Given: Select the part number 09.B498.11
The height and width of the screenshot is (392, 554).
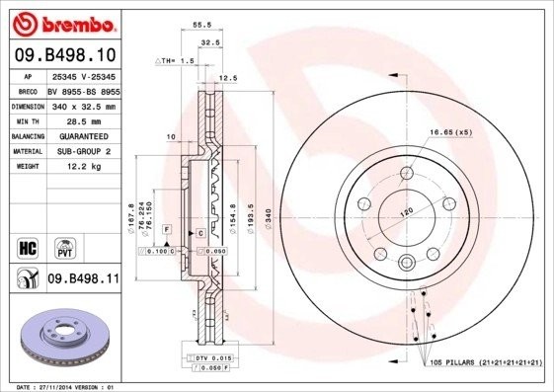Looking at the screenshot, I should [x=84, y=279].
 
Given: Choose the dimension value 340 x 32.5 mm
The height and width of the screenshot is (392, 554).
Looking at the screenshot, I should [x=84, y=104].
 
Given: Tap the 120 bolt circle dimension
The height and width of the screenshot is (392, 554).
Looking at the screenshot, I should [x=404, y=211].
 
